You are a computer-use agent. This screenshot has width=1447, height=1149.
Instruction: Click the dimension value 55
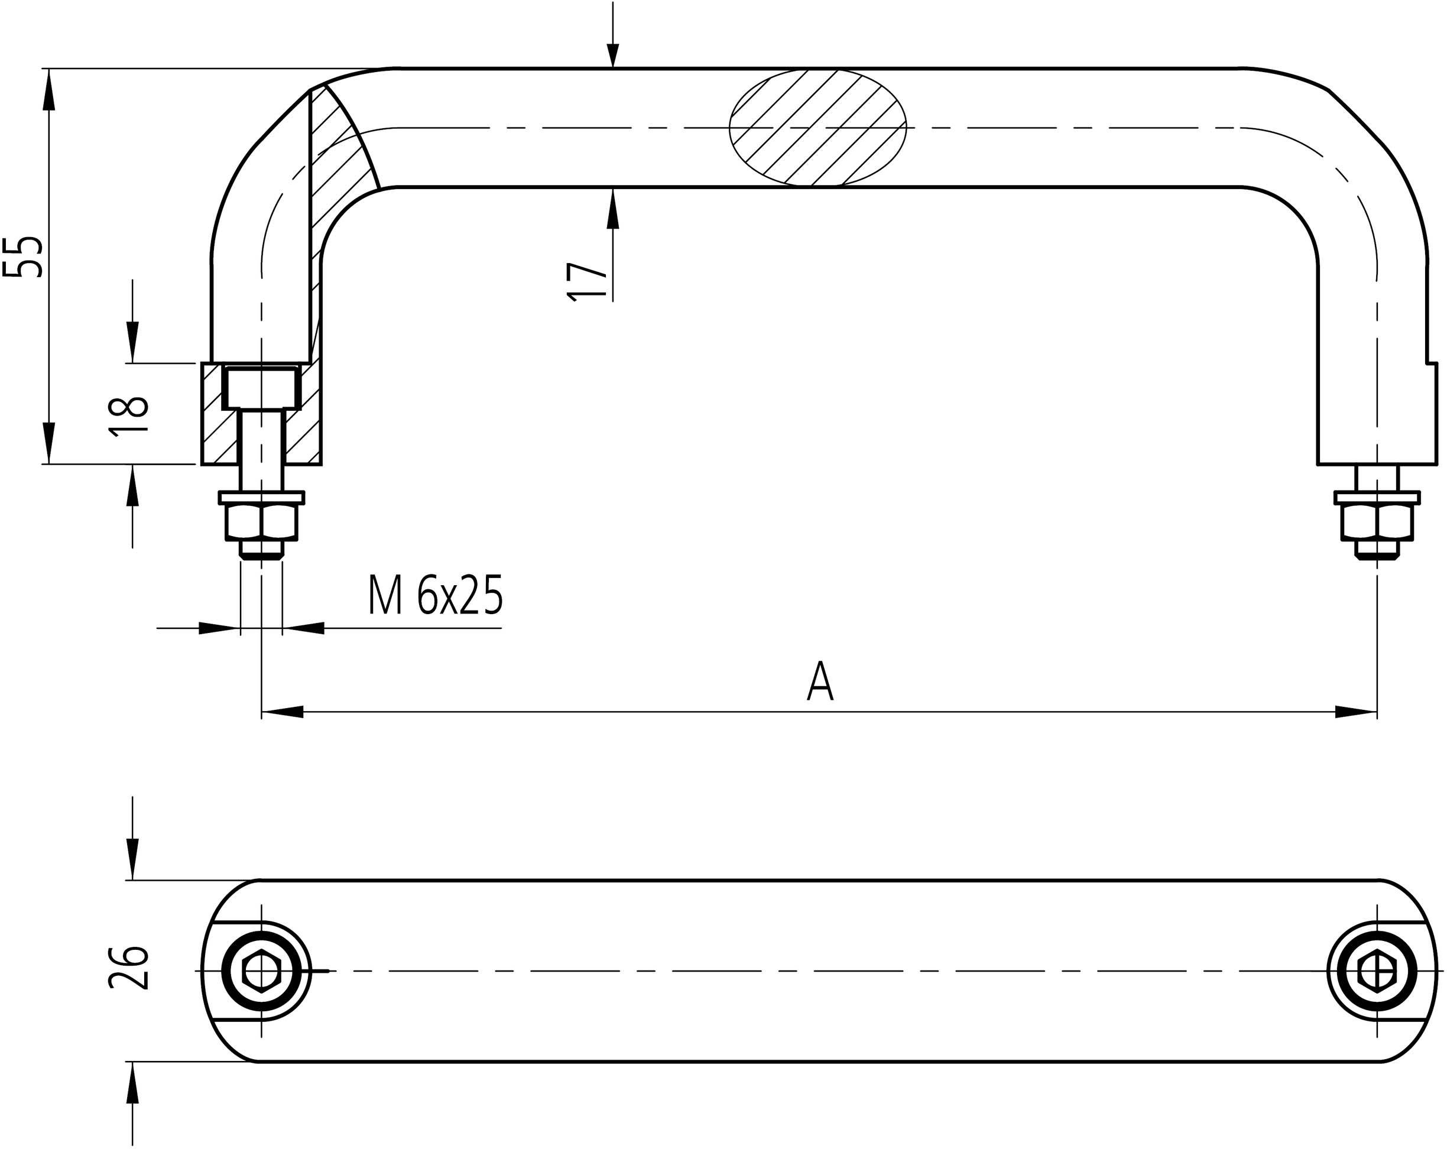coord(24,257)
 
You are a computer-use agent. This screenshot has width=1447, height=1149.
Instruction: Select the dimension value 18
coord(129,416)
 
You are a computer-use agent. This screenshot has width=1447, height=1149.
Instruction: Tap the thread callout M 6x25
coord(436,595)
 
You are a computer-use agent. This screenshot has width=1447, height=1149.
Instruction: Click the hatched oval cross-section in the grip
coord(817,128)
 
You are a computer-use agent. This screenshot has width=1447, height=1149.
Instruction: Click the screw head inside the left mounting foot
coord(262,388)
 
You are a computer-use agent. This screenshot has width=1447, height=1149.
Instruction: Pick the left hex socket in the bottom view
coord(262,971)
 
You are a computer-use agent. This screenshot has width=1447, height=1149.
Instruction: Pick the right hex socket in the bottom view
coord(1377,971)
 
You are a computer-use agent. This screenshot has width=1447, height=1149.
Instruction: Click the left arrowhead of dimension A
coord(282,712)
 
